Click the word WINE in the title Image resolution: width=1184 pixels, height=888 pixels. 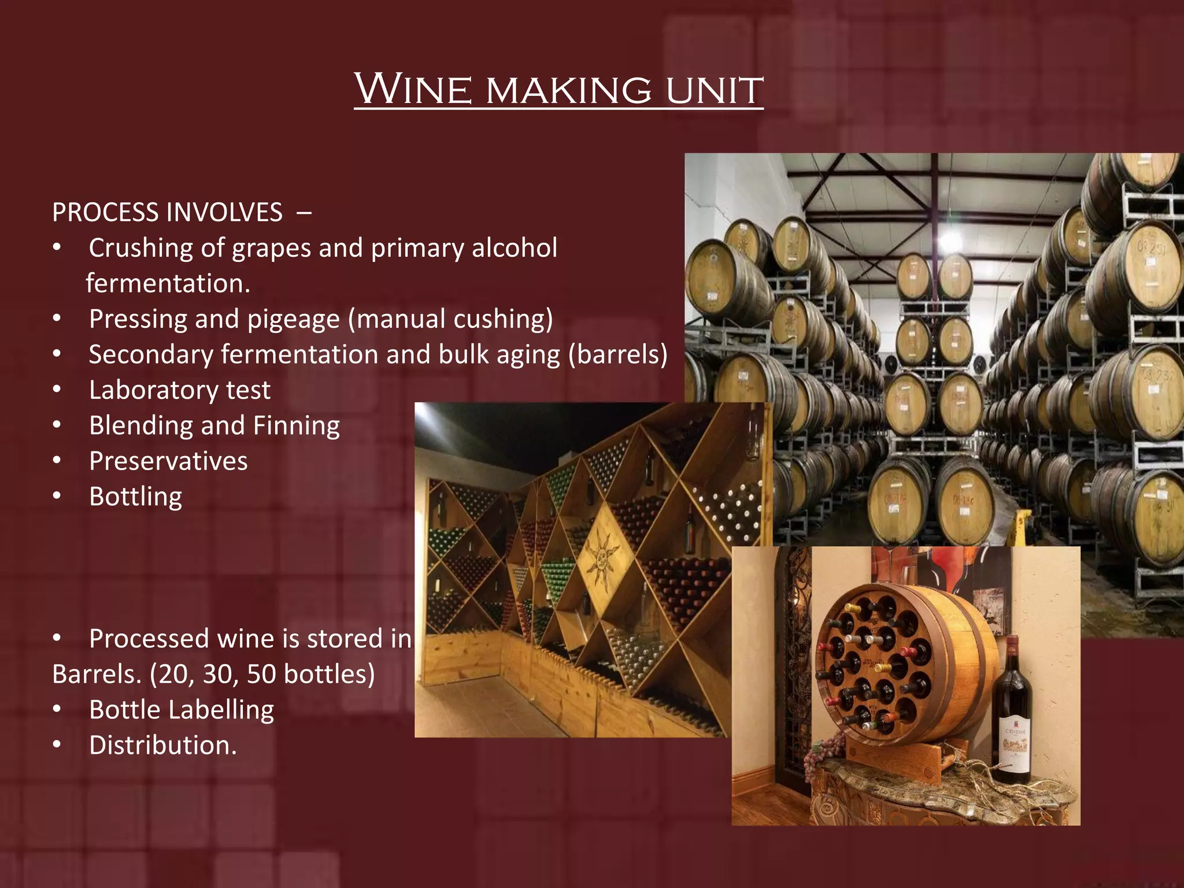click(x=413, y=90)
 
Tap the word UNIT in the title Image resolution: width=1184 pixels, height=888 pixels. click(x=715, y=91)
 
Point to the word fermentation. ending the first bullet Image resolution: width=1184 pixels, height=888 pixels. click(x=168, y=283)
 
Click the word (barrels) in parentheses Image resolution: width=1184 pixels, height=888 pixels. click(x=618, y=354)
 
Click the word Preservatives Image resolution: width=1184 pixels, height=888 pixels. click(x=168, y=461)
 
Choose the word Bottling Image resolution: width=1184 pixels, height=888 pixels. click(x=135, y=497)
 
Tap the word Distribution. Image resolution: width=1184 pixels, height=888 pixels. click(x=162, y=745)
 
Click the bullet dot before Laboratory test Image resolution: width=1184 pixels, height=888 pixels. click(x=57, y=390)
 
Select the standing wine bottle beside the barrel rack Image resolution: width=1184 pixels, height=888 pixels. click(x=1012, y=711)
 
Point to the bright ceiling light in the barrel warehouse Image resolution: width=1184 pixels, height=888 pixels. click(x=950, y=240)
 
